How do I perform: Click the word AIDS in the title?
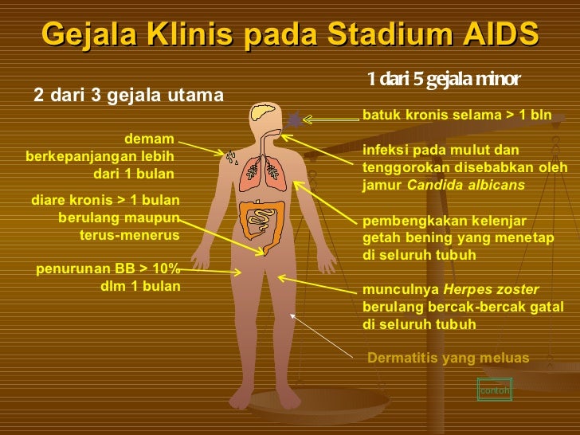coord(499,33)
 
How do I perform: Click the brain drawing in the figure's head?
coord(263,114)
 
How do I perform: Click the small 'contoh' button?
coord(493,390)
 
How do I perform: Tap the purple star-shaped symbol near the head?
coord(296,120)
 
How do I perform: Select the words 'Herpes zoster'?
coord(491,289)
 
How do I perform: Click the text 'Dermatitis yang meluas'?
coord(448,358)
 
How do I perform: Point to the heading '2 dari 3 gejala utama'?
coord(129,96)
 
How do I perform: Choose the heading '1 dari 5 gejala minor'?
coord(444,79)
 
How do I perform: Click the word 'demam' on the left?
coord(150,139)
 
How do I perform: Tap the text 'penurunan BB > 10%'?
coord(108,268)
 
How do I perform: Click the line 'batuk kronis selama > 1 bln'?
coord(457,115)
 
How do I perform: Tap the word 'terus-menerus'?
coord(129,235)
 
